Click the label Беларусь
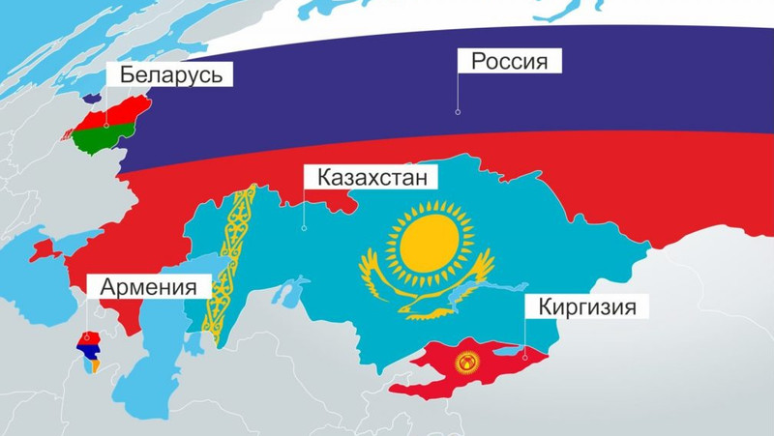pos(171,75)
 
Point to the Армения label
pos(148,287)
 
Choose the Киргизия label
pos(585,308)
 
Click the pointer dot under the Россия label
pos(458,112)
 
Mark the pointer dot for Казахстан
pos(304,229)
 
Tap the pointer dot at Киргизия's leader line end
pos(524,355)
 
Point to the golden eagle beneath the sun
pos(427,295)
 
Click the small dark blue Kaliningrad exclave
pos(93,97)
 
